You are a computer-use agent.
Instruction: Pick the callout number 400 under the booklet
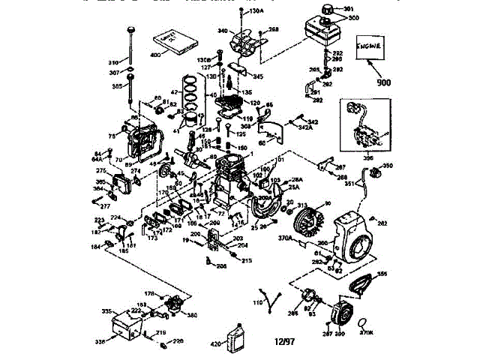(x=156, y=56)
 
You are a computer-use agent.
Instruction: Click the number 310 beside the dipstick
(x=114, y=61)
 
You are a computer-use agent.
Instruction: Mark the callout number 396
(x=367, y=159)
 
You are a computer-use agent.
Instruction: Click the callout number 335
(x=106, y=310)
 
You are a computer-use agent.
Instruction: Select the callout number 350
(x=388, y=166)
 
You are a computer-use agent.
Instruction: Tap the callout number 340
(x=222, y=31)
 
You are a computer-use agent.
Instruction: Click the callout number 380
(x=192, y=314)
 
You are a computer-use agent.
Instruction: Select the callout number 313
(x=303, y=205)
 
